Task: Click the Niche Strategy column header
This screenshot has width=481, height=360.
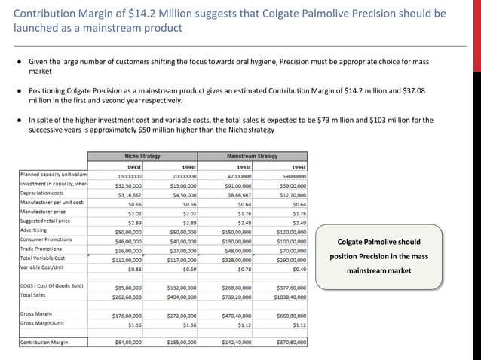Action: (x=142, y=156)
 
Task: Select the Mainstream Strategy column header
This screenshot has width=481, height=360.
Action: (x=251, y=156)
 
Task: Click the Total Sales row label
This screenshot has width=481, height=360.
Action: (x=34, y=295)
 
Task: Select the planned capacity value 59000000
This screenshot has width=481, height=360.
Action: (x=290, y=175)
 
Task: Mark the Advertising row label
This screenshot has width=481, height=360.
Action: (x=34, y=231)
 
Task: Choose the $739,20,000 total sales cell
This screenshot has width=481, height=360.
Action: (x=237, y=297)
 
